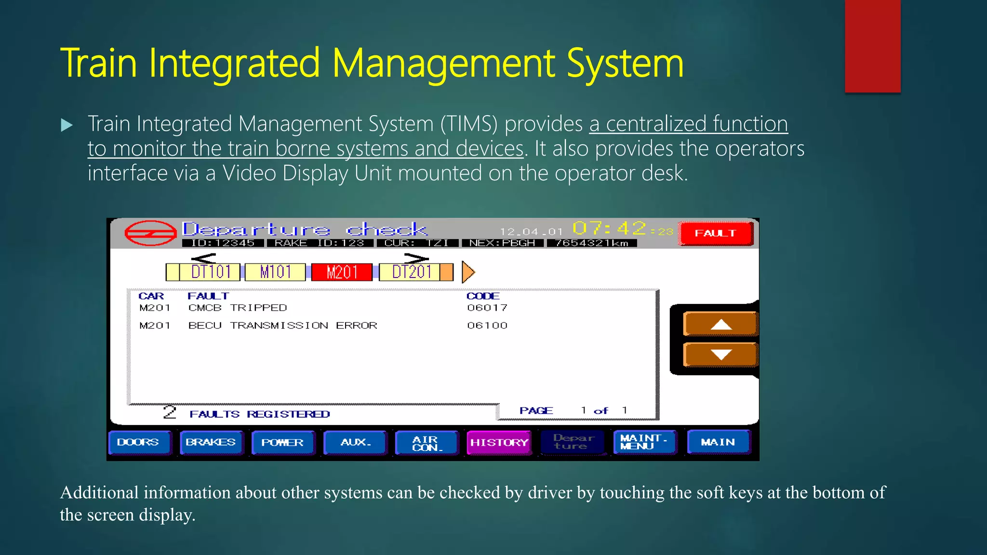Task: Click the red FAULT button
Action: point(716,233)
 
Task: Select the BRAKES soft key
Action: point(211,442)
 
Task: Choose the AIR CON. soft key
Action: point(426,443)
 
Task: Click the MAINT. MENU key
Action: point(643,442)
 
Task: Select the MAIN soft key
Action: point(718,442)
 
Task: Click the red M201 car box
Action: point(342,272)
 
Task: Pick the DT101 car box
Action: point(210,272)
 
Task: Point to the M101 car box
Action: point(275,272)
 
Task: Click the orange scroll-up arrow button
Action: point(720,324)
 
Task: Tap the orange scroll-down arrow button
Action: point(720,355)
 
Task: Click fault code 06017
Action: point(487,308)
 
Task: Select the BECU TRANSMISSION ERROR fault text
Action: point(282,326)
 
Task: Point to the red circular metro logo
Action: point(150,233)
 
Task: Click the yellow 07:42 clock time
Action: point(609,228)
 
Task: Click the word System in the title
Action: point(625,64)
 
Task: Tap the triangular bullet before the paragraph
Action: point(67,126)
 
